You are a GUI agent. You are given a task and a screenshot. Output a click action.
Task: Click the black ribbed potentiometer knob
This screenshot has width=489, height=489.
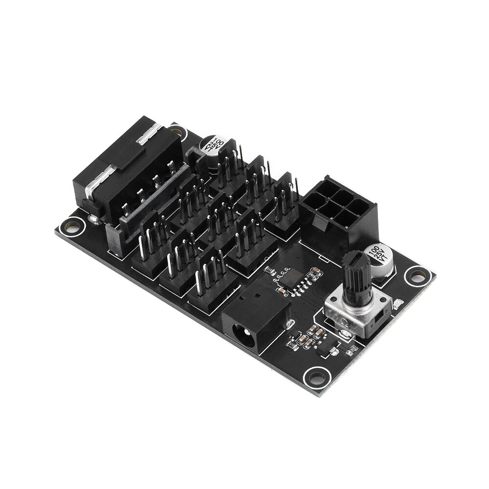[x=356, y=276]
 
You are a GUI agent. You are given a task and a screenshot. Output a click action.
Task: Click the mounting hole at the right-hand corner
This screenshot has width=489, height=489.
[x=417, y=277]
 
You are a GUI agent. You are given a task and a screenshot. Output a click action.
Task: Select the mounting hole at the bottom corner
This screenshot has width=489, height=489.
[x=317, y=377]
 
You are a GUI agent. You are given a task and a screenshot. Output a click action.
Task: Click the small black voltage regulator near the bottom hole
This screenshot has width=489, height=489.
[x=323, y=349]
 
